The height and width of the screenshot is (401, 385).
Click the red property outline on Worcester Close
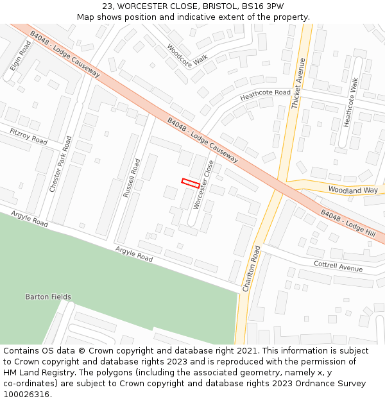190,183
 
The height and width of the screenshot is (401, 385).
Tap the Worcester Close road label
203,185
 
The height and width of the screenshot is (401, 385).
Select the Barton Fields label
48,297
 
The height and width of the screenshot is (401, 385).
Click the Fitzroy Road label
29,136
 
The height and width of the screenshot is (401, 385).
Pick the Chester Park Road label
61,164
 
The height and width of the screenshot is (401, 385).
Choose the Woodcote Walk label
187,54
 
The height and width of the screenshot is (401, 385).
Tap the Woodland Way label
353,190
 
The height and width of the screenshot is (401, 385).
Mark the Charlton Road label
252,269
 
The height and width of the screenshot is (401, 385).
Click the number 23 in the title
107,6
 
